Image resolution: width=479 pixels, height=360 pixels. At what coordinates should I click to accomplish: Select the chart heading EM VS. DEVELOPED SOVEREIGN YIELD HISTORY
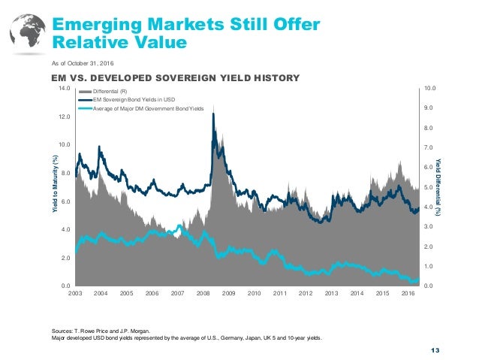(x=175, y=77)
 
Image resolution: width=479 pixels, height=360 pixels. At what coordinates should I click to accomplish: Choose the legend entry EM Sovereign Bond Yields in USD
(x=140, y=99)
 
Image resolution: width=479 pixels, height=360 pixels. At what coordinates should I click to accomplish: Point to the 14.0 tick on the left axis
(x=65, y=89)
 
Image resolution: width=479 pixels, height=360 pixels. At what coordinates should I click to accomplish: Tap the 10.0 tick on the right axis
(x=431, y=89)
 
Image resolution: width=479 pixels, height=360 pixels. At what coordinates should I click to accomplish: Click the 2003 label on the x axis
(x=76, y=292)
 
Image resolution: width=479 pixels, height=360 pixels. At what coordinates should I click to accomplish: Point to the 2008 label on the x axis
(x=203, y=292)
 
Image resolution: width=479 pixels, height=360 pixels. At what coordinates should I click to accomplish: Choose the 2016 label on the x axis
(x=407, y=292)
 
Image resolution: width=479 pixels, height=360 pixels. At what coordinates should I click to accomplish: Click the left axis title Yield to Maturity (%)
(x=53, y=187)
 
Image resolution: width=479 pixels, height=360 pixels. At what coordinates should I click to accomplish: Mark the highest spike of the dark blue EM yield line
(x=214, y=114)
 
